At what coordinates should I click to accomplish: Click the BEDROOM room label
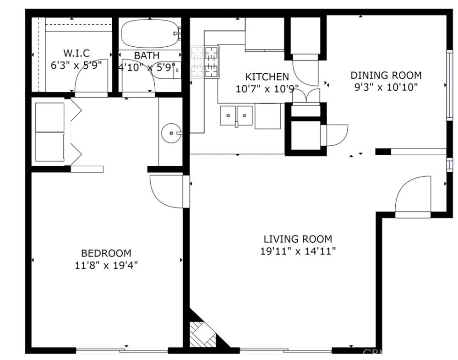pyautogui.click(x=106, y=253)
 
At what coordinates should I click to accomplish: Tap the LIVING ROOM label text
pyautogui.click(x=298, y=239)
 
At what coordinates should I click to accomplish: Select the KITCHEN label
pyautogui.click(x=267, y=77)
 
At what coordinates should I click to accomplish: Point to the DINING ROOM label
pyautogui.click(x=386, y=75)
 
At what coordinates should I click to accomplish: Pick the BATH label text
pyautogui.click(x=147, y=55)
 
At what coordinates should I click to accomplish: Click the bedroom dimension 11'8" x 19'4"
pyautogui.click(x=106, y=265)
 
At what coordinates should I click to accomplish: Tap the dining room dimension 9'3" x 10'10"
pyautogui.click(x=386, y=87)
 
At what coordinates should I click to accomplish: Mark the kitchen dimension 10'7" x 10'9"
pyautogui.click(x=267, y=89)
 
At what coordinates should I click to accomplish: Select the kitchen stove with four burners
pyautogui.click(x=205, y=62)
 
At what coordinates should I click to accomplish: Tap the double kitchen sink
pyautogui.click(x=236, y=115)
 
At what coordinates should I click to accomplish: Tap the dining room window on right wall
pyautogui.click(x=449, y=85)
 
